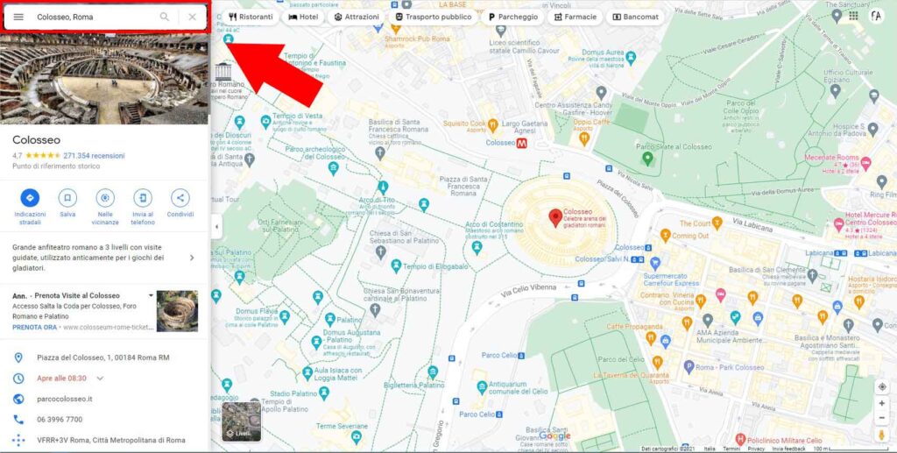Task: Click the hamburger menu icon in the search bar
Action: tap(18, 17)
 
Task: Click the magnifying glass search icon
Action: tap(165, 17)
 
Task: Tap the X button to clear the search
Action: tap(193, 17)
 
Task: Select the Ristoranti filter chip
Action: tap(251, 17)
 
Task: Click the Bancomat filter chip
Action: tap(635, 17)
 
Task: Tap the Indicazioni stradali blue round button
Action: tap(30, 198)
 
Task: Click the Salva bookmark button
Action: tap(67, 198)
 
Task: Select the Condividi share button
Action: tap(180, 198)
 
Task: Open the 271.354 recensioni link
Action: tap(94, 156)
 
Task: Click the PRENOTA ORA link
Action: tap(34, 327)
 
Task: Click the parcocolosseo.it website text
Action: tap(64, 399)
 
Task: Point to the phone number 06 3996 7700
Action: tap(60, 420)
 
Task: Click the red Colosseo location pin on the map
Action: tap(554, 216)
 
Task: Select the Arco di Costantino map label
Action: tap(489, 225)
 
